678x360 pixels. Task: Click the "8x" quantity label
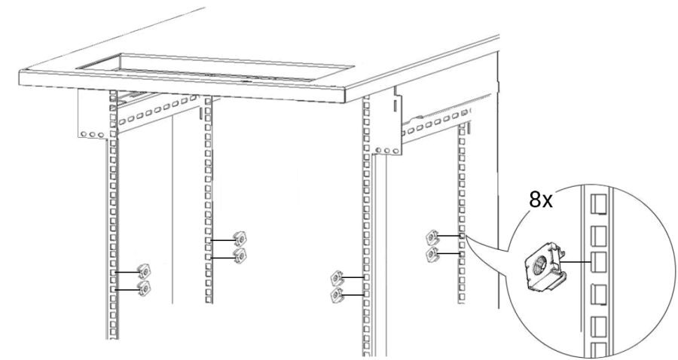(x=541, y=200)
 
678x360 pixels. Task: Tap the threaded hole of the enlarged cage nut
(x=540, y=262)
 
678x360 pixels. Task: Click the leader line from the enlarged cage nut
(x=577, y=262)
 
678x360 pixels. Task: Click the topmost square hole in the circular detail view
(x=598, y=203)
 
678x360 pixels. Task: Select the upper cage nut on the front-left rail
(x=144, y=271)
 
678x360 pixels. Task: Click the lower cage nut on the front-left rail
(x=144, y=288)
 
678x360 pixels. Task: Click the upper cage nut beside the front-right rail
(x=337, y=277)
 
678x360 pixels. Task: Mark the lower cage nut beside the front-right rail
(x=337, y=295)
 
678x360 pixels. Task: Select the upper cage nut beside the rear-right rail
(x=432, y=237)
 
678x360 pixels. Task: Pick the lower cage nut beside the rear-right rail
(x=432, y=254)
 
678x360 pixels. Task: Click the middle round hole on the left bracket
(x=93, y=134)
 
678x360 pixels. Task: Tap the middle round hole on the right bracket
(x=386, y=151)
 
